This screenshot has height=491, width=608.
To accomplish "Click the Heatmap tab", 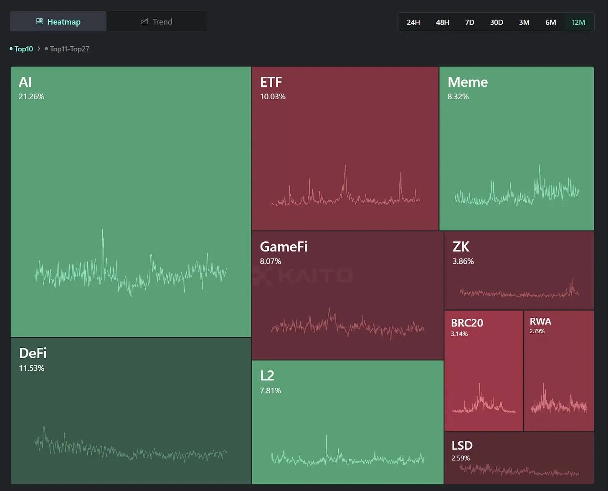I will (x=58, y=22).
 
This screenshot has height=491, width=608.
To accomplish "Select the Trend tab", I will (x=157, y=22).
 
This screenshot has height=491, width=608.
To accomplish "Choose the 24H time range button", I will (x=413, y=22).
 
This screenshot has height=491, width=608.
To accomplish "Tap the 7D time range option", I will (x=469, y=22).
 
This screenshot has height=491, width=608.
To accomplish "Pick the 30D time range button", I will (x=496, y=22).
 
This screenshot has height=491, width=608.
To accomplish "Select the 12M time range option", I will (x=578, y=22).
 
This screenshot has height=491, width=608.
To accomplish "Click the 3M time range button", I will (x=524, y=22).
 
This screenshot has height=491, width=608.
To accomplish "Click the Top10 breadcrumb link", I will (x=23, y=49).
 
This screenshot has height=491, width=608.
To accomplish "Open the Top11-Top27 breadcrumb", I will (x=69, y=49).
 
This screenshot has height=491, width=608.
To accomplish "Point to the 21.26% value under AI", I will (x=31, y=96).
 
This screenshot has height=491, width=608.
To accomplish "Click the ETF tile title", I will (x=271, y=82).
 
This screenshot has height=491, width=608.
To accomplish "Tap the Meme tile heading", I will (x=467, y=82).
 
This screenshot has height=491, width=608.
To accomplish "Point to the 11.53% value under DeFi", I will (x=31, y=368).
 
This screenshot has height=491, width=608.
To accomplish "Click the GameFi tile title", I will (x=284, y=247).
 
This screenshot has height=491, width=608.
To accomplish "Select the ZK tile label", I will (x=461, y=247).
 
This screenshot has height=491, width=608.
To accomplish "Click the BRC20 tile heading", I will (x=467, y=323).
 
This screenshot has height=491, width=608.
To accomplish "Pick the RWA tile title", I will (x=540, y=321).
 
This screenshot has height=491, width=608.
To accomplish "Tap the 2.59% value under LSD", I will (x=460, y=458).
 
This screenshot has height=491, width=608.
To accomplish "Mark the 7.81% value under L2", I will (x=270, y=390).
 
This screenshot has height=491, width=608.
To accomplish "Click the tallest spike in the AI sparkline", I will (x=102, y=231).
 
